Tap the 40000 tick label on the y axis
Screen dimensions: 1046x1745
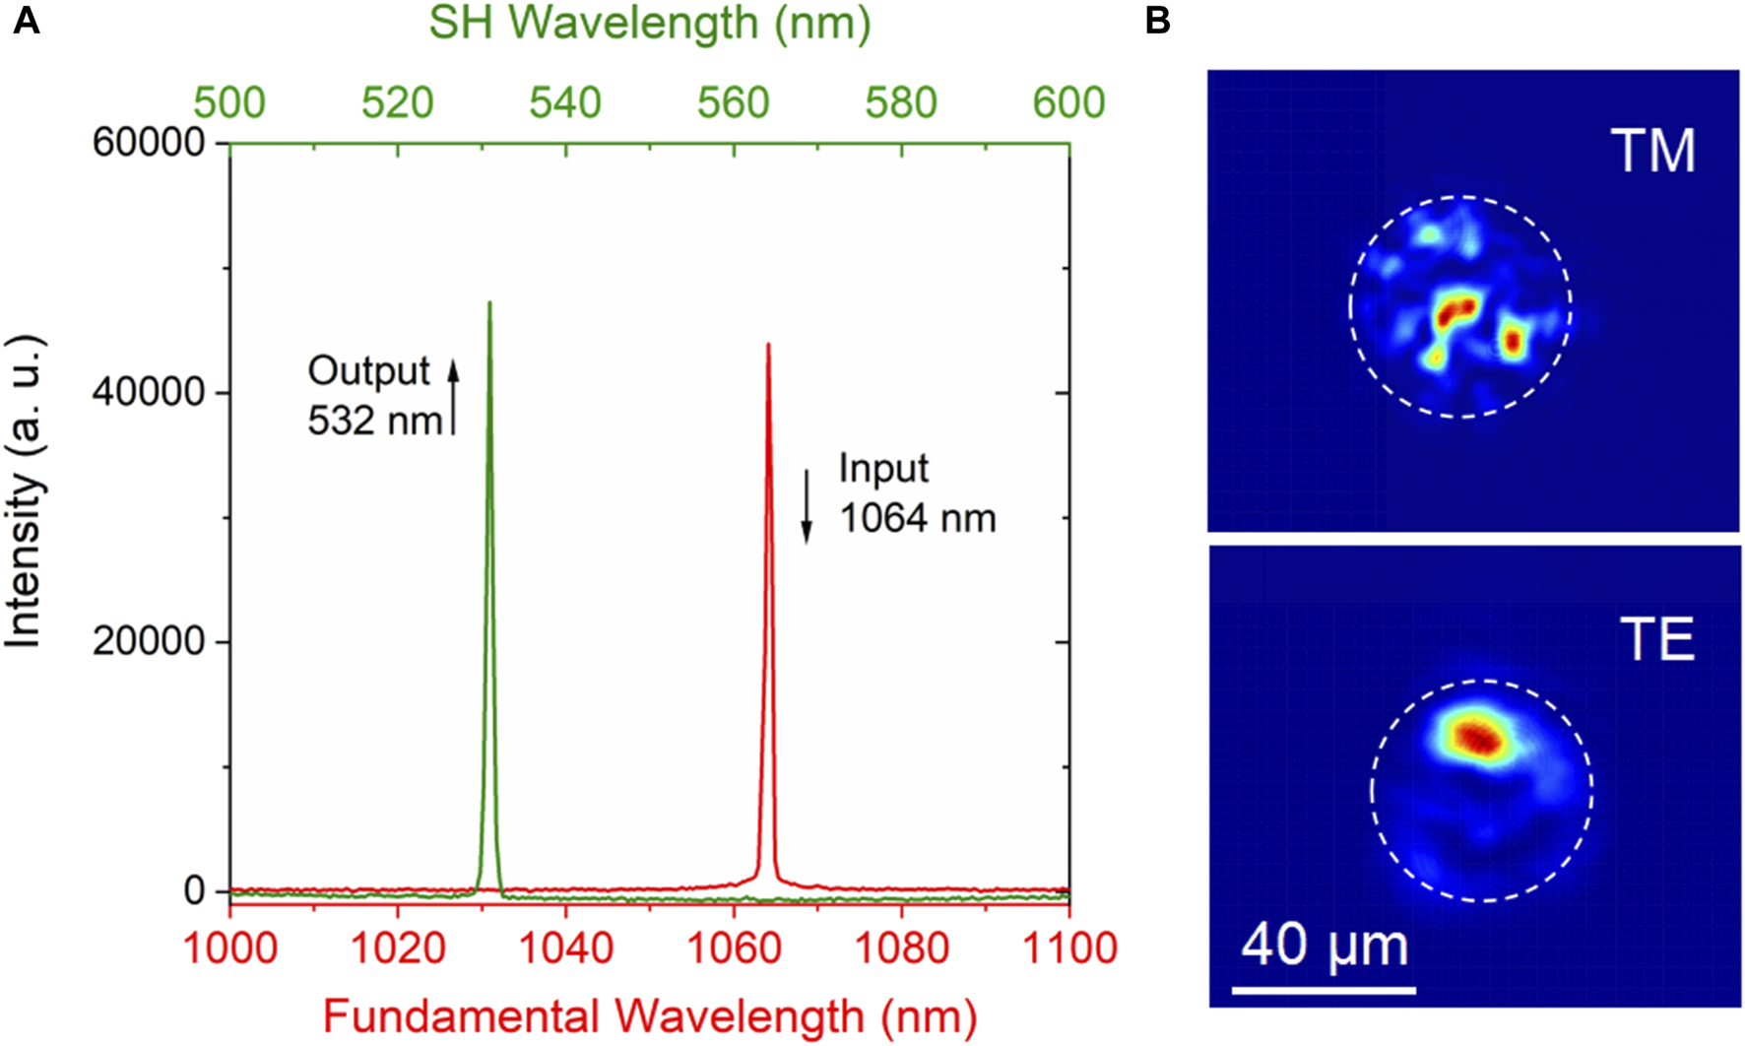coord(148,392)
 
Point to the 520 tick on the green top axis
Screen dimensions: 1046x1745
coord(397,102)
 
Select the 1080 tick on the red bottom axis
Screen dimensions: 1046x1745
coord(900,948)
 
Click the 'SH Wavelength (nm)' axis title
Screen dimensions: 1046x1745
coord(649,24)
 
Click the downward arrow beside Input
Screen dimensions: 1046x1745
coord(807,505)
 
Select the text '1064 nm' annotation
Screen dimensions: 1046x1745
coord(917,518)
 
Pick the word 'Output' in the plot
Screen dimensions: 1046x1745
coord(368,371)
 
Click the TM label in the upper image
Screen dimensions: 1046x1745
coord(1653,152)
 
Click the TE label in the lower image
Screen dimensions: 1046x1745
coord(1657,640)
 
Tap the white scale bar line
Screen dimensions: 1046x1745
coord(1324,990)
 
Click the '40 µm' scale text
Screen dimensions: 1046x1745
coord(1324,946)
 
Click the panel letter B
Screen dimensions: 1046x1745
coord(1158,20)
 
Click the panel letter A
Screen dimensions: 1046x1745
coord(26,20)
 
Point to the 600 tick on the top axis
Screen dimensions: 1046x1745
coord(1068,102)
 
